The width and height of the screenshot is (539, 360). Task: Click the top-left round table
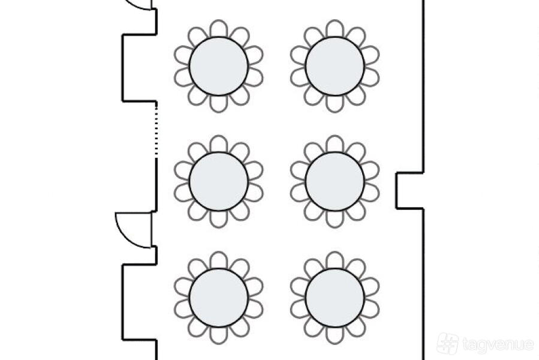[219, 66]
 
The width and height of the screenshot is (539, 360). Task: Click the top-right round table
[335, 66]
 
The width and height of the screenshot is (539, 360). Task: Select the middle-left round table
[219, 181]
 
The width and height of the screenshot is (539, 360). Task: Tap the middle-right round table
[335, 181]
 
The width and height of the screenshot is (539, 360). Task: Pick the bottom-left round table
[219, 298]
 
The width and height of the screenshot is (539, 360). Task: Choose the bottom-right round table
[335, 298]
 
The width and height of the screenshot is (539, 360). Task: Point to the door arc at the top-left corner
[140, 5]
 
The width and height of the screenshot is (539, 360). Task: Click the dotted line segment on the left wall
[156, 130]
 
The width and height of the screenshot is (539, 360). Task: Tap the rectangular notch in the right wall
[410, 191]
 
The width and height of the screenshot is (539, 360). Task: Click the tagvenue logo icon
[447, 343]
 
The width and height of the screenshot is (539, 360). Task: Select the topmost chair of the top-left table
[219, 28]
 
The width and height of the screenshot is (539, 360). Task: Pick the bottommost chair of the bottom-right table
[335, 335]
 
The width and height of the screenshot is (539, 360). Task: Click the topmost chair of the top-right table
[335, 28]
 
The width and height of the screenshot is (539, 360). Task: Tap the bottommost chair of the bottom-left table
[219, 335]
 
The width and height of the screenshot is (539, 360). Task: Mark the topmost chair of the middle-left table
[219, 144]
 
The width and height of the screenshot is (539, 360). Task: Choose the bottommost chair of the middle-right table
[335, 219]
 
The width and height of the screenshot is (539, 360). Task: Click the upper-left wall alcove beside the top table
[139, 68]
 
